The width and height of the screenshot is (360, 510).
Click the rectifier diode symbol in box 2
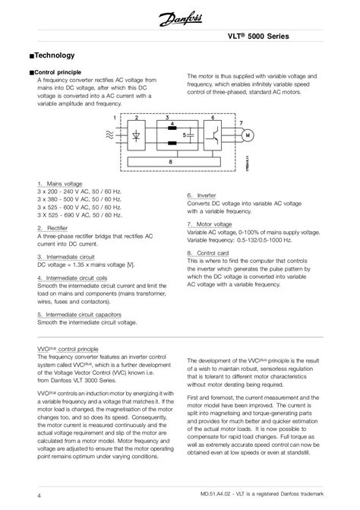137,136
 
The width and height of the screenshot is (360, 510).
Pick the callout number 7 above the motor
241,122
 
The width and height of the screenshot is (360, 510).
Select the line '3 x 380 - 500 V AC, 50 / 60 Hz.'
79,199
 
